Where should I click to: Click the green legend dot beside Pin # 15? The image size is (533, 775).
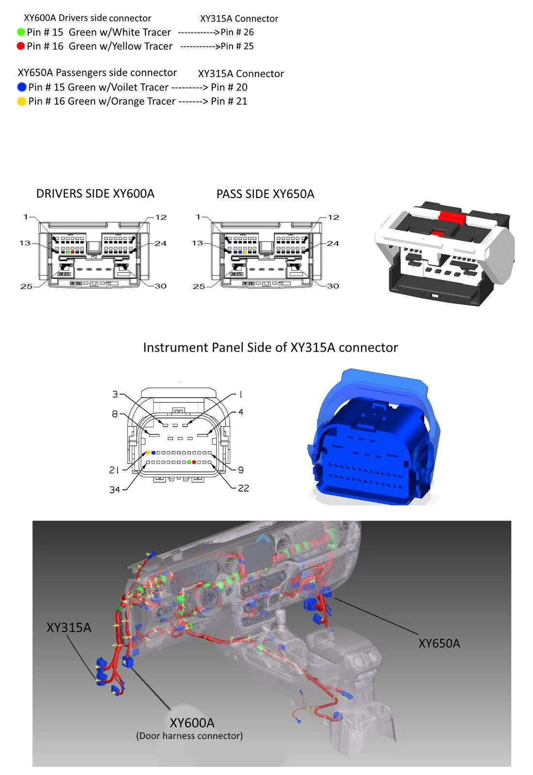(x=21, y=32)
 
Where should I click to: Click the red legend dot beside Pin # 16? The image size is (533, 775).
(x=21, y=46)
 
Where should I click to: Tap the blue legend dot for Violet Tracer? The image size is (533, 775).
(x=22, y=87)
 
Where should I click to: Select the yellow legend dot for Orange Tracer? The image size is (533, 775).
(x=22, y=101)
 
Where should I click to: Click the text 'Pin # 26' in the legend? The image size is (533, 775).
(x=237, y=32)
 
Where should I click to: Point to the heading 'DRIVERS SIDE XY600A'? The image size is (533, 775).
(x=95, y=193)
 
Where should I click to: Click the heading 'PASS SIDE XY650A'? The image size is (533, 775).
(x=266, y=194)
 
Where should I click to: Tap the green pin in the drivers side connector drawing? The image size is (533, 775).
(x=67, y=252)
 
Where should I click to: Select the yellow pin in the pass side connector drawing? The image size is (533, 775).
(x=245, y=252)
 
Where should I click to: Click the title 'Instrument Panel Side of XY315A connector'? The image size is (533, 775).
(x=270, y=347)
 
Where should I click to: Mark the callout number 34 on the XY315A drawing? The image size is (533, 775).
(x=114, y=490)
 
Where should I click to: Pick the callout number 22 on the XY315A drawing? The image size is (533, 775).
(x=244, y=488)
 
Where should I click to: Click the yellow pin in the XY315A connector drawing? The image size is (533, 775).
(x=148, y=452)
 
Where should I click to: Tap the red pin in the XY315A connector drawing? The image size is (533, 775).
(x=194, y=462)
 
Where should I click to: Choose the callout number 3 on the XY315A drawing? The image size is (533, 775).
(x=115, y=394)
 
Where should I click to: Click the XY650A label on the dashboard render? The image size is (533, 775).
(x=439, y=643)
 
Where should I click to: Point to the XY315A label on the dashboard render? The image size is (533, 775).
(x=69, y=627)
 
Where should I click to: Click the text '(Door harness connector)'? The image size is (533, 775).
(x=189, y=736)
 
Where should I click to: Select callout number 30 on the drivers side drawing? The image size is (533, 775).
(x=160, y=286)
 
